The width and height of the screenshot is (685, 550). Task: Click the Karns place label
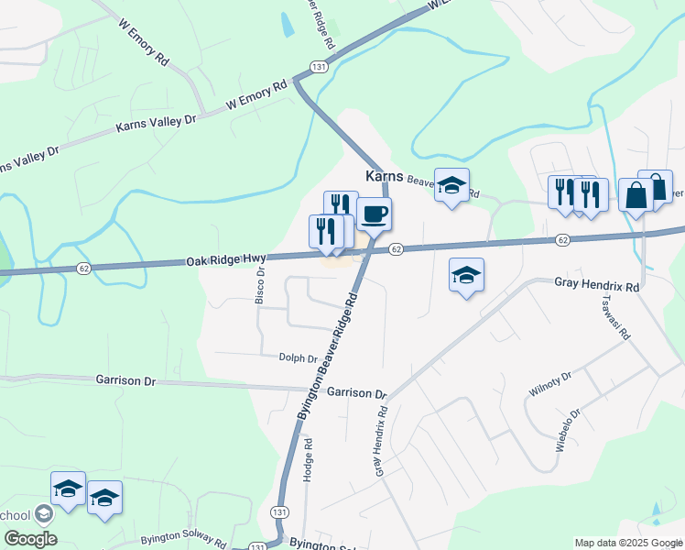[385, 175]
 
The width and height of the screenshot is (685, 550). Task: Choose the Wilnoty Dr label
[550, 383]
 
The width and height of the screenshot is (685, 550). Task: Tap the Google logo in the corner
[30, 539]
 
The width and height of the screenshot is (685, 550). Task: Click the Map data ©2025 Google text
[627, 544]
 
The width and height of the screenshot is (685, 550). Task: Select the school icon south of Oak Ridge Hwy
[466, 274]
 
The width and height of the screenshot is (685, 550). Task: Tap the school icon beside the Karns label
[451, 185]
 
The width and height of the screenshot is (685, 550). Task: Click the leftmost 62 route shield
[83, 268]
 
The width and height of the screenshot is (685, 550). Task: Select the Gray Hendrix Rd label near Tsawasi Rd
[595, 285]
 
